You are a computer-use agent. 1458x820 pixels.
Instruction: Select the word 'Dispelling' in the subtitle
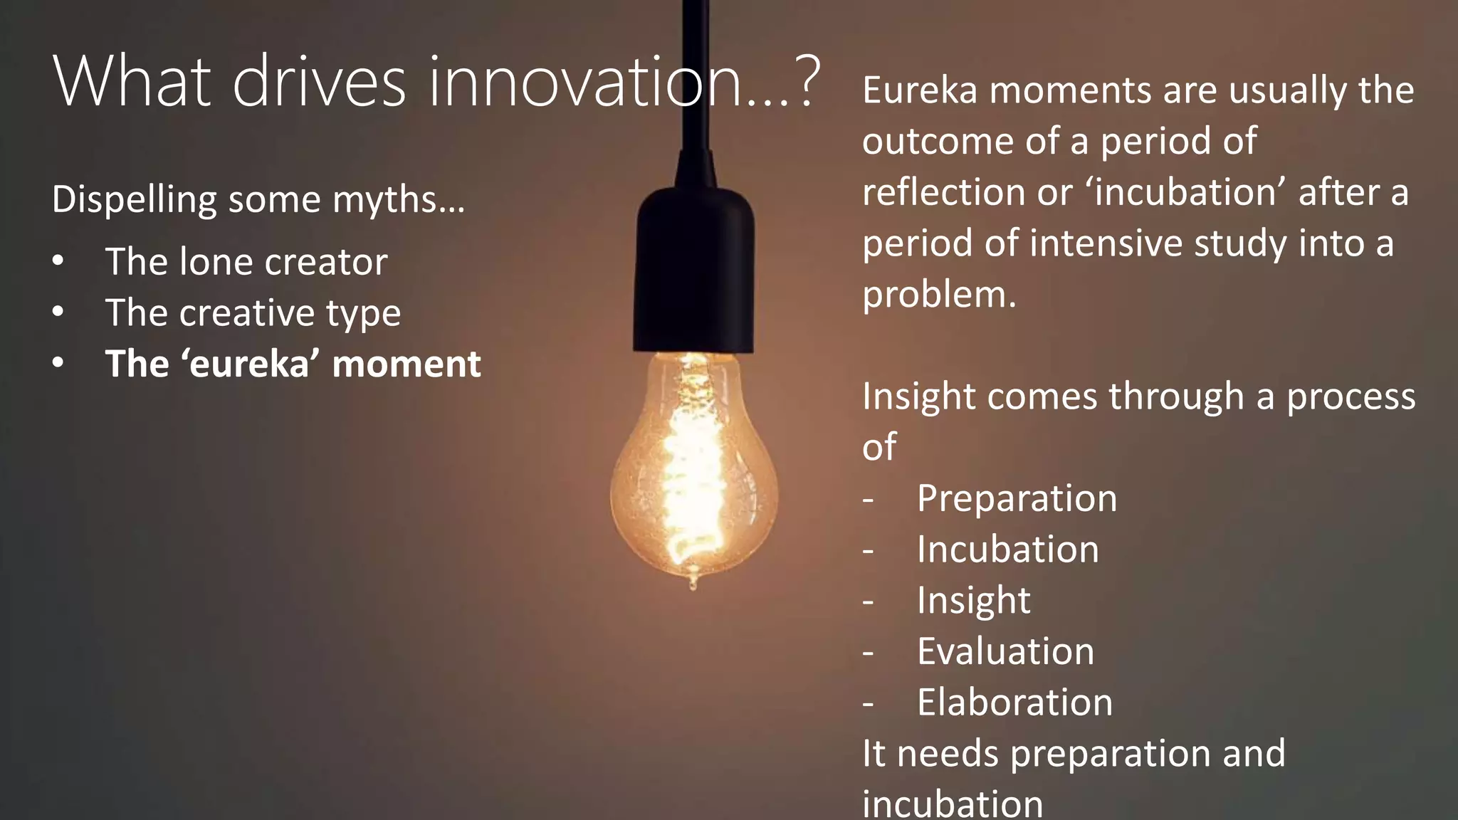tap(134, 200)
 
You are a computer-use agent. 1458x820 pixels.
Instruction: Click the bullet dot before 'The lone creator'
tap(58, 261)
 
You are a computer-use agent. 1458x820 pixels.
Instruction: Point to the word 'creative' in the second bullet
tap(246, 313)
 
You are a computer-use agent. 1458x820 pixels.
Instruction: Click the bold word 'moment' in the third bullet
tap(406, 364)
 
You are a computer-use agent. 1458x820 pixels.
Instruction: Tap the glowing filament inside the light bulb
tap(691, 470)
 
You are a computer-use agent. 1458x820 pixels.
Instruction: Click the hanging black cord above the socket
tap(695, 71)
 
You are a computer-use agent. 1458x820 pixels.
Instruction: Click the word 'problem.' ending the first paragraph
tap(939, 295)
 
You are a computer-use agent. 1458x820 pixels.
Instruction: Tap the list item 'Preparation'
tap(1017, 498)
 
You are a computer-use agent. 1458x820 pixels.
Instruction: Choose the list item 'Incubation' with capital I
tap(1007, 550)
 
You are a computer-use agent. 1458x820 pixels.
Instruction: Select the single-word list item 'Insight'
tap(973, 601)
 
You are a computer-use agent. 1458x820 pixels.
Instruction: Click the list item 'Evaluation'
tap(1005, 651)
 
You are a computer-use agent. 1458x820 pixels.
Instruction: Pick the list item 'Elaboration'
tap(1014, 703)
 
